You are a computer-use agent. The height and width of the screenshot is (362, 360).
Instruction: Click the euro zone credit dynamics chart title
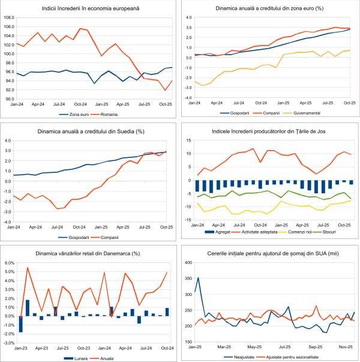coord(269,10)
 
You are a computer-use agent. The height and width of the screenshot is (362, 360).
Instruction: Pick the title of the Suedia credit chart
coord(90,131)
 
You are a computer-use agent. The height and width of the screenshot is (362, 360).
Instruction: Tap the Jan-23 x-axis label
coord(20,348)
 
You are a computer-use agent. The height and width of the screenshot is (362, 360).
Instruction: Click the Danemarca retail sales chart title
coord(90,253)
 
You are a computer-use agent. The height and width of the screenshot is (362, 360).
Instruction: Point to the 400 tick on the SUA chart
coord(188,263)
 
